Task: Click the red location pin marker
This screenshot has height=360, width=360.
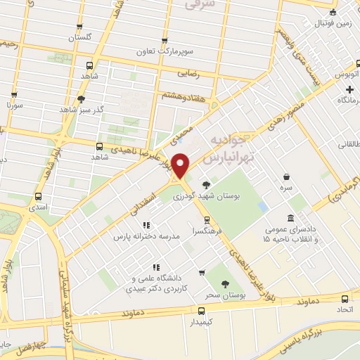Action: pyautogui.click(x=181, y=165)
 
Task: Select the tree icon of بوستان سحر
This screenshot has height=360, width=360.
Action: pyautogui.click(x=225, y=284)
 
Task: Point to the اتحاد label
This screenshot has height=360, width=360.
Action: pyautogui.click(x=344, y=309)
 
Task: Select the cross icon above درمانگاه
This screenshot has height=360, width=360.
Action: pyautogui.click(x=349, y=90)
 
